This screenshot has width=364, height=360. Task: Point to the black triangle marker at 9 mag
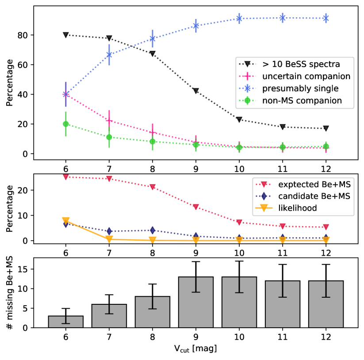pyautogui.click(x=195, y=91)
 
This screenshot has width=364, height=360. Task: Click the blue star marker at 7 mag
pyautogui.click(x=109, y=55)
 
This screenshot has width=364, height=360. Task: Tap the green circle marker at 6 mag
pyautogui.click(x=65, y=124)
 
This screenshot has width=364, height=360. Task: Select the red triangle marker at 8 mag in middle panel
pyautogui.click(x=152, y=187)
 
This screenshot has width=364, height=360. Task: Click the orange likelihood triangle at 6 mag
pyautogui.click(x=65, y=220)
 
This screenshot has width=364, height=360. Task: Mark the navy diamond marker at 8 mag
pyautogui.click(x=152, y=230)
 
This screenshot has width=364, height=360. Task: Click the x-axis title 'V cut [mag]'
pyautogui.click(x=195, y=349)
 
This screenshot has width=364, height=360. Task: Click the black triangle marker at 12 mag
pyautogui.click(x=326, y=129)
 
